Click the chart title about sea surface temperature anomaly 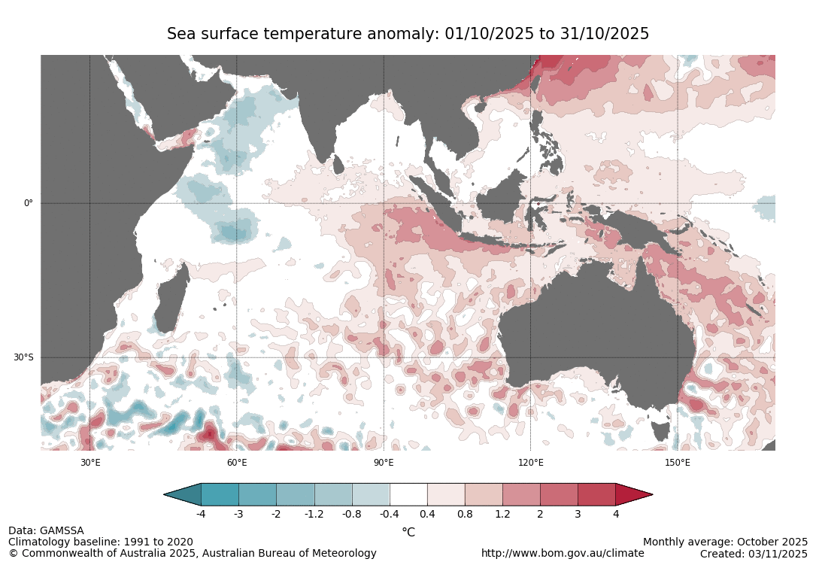408,34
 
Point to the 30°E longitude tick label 90,463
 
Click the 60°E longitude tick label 237,463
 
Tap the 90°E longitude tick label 384,463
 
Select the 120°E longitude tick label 530,463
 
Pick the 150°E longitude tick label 677,463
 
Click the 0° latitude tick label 29,203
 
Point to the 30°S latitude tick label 23,357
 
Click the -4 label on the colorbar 201,514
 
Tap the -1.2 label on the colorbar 314,514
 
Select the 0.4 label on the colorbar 427,514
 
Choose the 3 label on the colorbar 578,514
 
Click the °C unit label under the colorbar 408,532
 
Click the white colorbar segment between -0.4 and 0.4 408,494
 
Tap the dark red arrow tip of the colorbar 632,494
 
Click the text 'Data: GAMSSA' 46,530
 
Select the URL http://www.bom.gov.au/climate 563,553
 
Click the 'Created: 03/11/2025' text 754,553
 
